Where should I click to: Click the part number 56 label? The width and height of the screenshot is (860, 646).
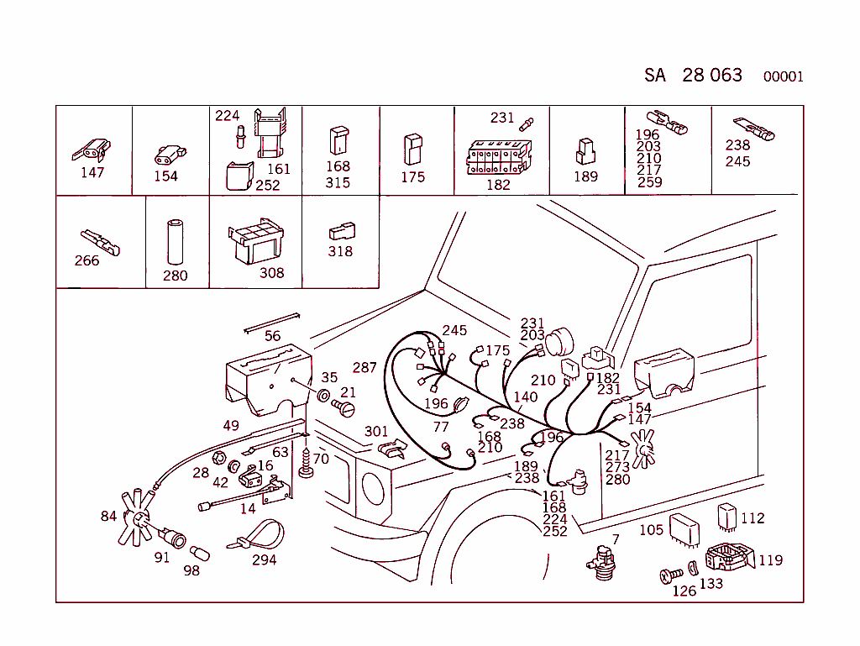click(273, 336)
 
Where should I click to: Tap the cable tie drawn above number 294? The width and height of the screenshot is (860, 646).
click(257, 535)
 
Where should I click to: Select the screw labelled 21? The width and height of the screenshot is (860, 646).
click(344, 408)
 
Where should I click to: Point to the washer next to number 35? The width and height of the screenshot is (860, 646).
click(323, 395)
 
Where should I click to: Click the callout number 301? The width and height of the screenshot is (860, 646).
click(376, 432)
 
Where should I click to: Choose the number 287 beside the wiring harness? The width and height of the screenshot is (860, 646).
click(364, 368)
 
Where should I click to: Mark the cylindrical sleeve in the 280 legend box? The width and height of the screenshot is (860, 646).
click(176, 243)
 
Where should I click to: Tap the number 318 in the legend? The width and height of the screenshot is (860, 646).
click(340, 251)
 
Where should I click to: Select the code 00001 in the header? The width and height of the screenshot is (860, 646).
click(783, 77)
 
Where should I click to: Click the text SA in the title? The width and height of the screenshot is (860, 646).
click(655, 76)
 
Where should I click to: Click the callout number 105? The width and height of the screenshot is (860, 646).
click(651, 530)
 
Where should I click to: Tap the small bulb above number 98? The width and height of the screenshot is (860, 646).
click(200, 554)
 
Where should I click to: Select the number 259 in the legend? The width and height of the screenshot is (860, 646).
click(649, 181)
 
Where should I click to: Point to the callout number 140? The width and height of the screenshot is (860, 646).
click(525, 397)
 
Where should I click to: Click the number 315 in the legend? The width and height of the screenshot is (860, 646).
click(338, 182)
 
